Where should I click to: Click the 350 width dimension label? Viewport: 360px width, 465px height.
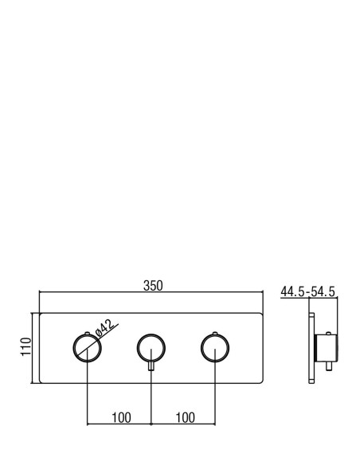pos(153,286)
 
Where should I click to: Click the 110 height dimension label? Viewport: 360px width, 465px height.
pos(26,346)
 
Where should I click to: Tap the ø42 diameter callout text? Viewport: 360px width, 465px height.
pos(104,328)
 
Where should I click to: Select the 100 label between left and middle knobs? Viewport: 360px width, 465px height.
pos(121,417)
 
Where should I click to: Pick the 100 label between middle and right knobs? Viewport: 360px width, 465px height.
pos(186,417)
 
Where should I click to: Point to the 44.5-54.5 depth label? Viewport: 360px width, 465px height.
pos(307,291)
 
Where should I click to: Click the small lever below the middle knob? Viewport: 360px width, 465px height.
pos(151,366)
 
